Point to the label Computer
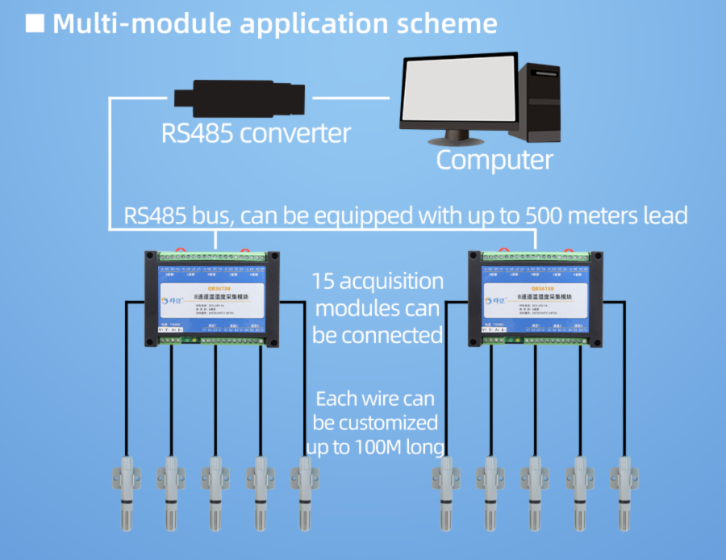coord(494,159)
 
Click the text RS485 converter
coord(257,132)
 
